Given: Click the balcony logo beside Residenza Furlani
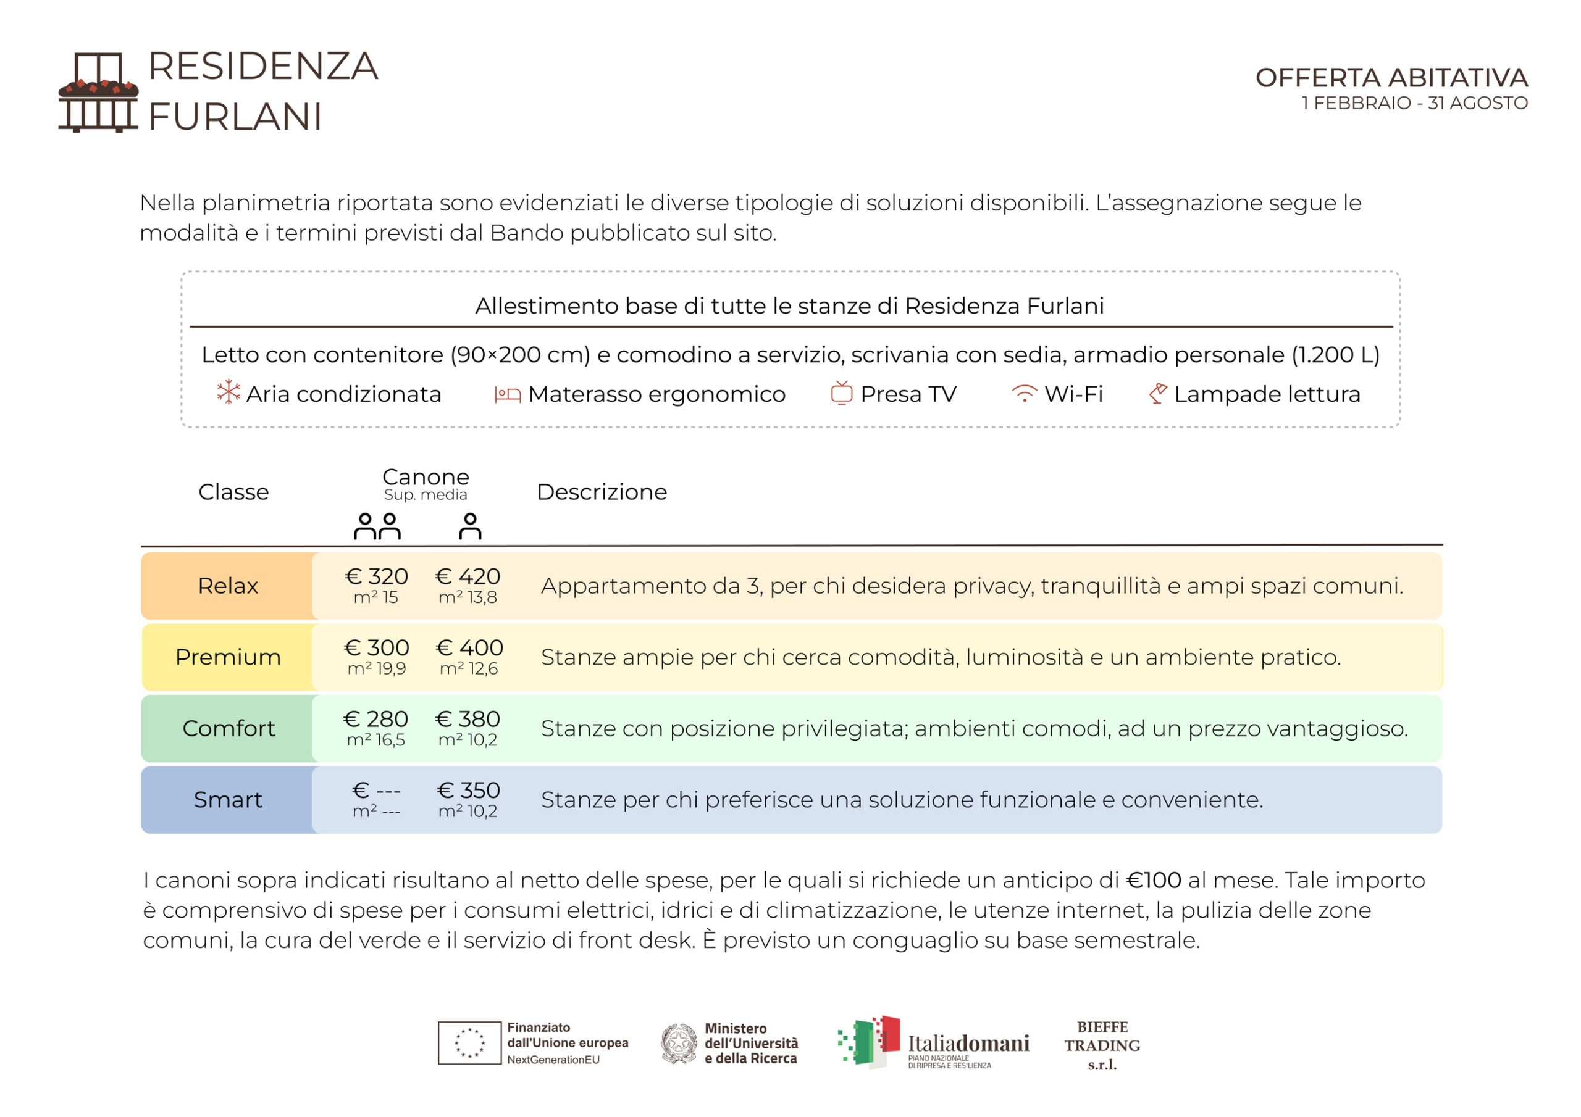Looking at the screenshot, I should point(98,92).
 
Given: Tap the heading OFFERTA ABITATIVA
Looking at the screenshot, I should point(1391,78).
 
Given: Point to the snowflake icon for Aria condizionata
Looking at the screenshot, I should point(228,392).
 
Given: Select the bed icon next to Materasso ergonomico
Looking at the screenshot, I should point(508,394).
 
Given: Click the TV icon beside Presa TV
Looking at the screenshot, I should point(842,393).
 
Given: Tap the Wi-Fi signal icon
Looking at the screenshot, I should point(1024,394).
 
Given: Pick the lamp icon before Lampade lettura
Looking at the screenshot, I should point(1158,393).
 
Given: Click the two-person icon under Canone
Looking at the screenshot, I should point(377,526).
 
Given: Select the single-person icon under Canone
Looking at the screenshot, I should point(471,526).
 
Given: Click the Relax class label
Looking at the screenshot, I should point(228,586).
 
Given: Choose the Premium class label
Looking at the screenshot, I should point(228,657).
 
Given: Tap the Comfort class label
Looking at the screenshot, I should point(228,728).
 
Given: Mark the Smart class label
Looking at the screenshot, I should point(228,800).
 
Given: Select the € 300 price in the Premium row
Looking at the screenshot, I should point(377,647).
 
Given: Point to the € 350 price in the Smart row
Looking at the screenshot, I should point(468,790).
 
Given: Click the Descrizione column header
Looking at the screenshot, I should point(601,492).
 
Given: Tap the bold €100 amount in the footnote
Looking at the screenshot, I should point(1154,880).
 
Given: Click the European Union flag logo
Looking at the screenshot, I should point(469,1043).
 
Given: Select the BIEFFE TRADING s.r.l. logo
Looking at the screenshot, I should point(1102,1045).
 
